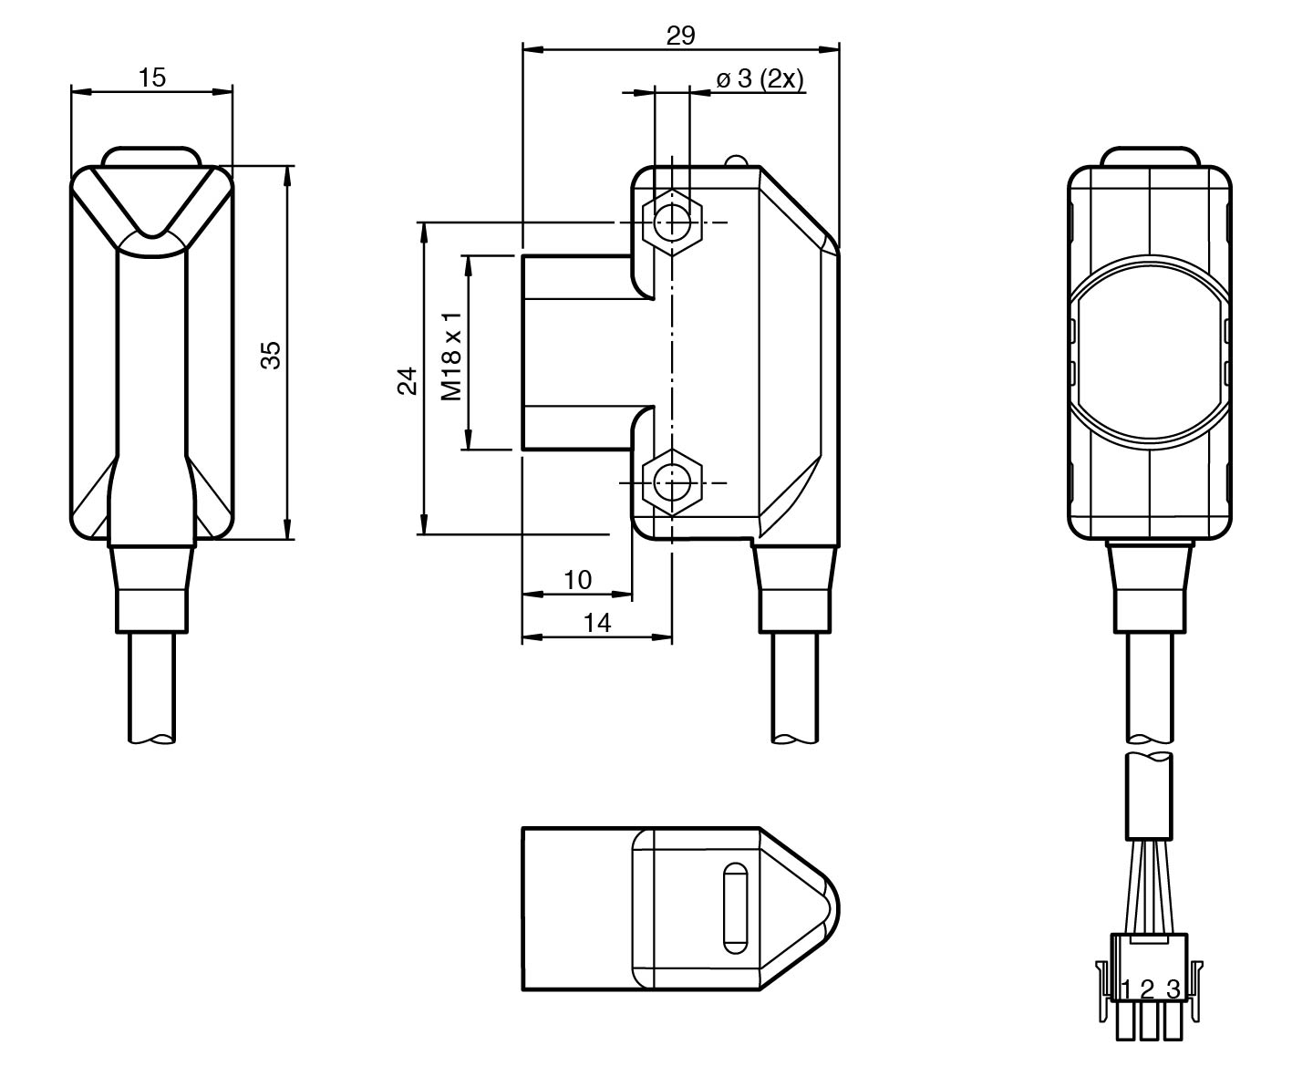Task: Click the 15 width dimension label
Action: [152, 78]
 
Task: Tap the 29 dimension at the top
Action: [680, 36]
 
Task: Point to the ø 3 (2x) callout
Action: [759, 79]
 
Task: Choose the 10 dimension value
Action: [577, 579]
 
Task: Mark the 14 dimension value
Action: [596, 622]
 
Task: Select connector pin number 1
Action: [1127, 988]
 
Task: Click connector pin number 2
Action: [1148, 988]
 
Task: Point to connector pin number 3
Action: [1173, 988]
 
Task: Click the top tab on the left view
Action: [151, 156]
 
